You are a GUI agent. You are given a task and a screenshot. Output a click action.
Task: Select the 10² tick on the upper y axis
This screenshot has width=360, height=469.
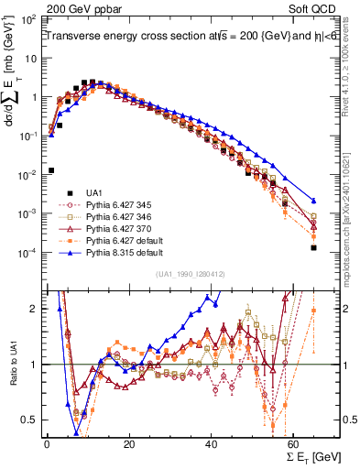pyautogui.click(x=28, y=18)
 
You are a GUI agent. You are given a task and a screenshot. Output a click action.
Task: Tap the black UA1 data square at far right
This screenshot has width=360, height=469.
pyautogui.click(x=314, y=247)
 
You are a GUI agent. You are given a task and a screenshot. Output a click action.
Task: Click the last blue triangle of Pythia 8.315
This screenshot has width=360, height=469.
pyautogui.click(x=314, y=201)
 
